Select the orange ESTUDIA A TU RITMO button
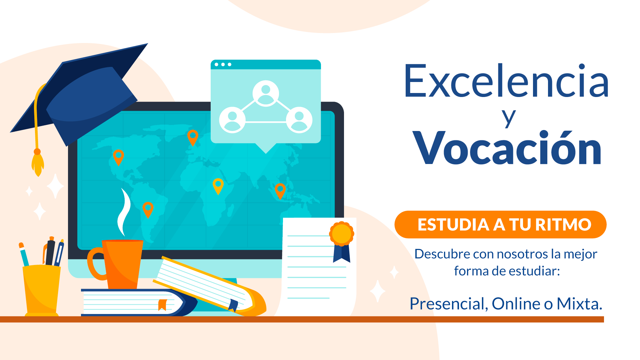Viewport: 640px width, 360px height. click(x=500, y=224)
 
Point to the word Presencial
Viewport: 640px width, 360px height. click(x=449, y=304)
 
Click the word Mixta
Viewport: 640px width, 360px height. click(x=579, y=304)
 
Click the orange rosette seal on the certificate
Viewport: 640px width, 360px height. click(x=342, y=233)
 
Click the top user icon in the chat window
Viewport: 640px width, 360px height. click(x=266, y=93)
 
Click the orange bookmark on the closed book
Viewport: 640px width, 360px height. click(x=162, y=305)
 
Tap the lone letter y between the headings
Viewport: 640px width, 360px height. click(x=509, y=118)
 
